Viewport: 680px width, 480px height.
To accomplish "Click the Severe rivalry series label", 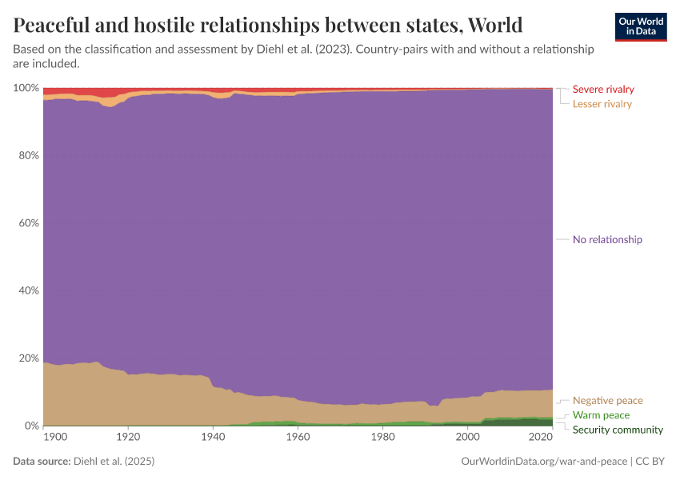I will coord(603,89).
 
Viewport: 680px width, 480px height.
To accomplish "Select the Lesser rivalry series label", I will coord(602,104).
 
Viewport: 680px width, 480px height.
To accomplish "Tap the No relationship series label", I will coord(607,239).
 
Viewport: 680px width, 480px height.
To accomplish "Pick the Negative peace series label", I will coord(607,400).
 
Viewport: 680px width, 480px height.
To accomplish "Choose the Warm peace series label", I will coord(601,415).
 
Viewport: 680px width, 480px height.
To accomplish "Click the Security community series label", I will coord(618,430).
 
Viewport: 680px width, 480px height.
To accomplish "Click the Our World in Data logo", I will coord(640,26).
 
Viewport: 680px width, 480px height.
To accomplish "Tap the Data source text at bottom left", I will coord(83,462).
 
